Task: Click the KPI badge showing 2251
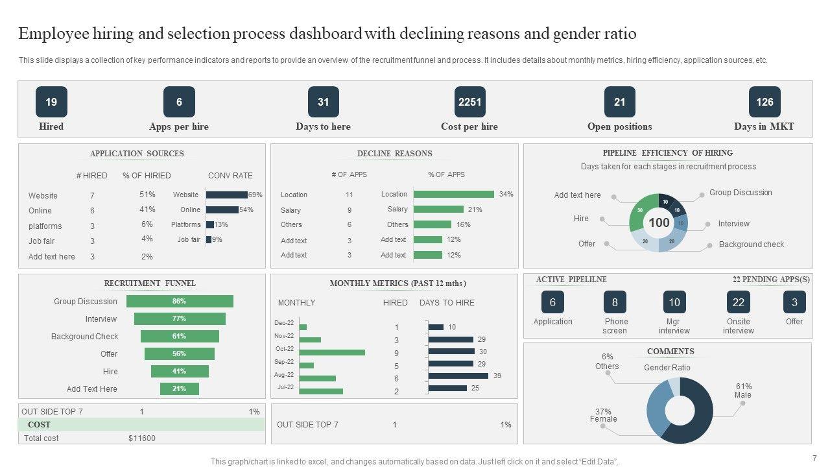469,102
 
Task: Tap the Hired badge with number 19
51,102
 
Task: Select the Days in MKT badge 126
765,102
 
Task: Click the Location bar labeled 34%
453,194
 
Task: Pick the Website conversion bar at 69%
226,195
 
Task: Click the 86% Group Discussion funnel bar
180,301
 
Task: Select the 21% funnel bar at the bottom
180,389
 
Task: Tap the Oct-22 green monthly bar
332,352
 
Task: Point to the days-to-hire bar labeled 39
458,376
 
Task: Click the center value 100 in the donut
659,222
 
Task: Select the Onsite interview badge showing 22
738,302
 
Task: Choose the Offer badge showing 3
794,302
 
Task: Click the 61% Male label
743,390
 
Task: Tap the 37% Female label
603,415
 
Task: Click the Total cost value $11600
142,438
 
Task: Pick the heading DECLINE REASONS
394,154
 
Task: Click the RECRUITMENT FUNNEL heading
150,283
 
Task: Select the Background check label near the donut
751,245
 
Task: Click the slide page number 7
814,457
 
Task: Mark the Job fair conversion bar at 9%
209,239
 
